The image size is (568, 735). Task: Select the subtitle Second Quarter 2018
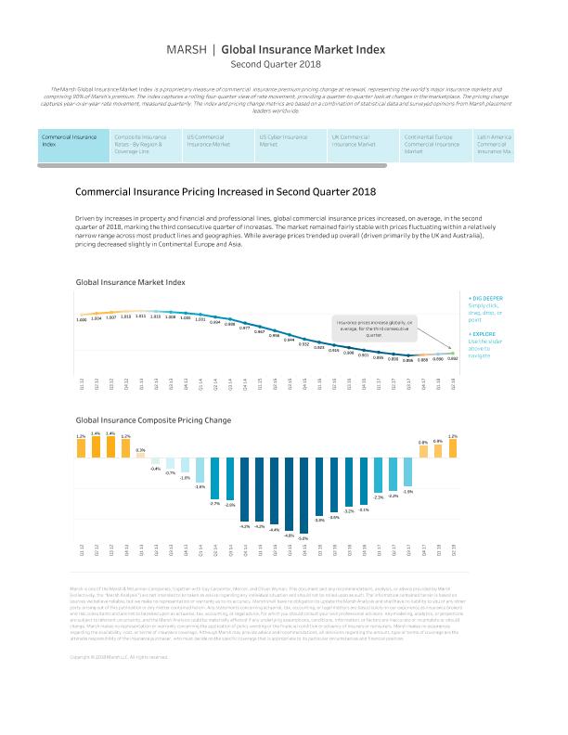point(284,65)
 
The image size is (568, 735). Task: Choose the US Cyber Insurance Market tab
point(283,141)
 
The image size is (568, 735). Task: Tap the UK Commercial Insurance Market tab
point(358,141)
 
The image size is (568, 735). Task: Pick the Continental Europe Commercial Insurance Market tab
point(432,145)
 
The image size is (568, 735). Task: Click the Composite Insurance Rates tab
point(140,145)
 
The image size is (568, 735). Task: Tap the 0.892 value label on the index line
point(453,357)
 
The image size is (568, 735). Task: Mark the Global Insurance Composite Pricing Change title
point(154,421)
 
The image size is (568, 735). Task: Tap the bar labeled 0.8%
point(422,451)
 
